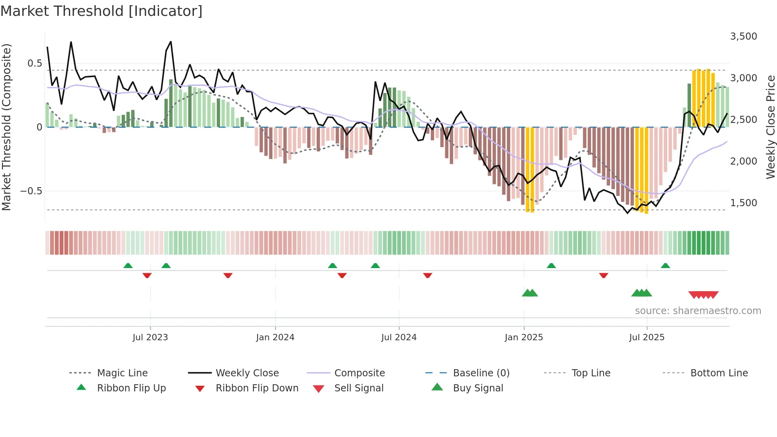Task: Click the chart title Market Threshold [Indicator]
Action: pos(101,11)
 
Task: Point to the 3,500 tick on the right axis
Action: pos(743,36)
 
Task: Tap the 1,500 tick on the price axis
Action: pos(743,203)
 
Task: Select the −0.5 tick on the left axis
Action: pos(31,191)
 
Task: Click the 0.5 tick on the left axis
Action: pos(34,63)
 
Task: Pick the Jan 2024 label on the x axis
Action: pos(275,337)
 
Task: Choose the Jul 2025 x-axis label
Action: pos(647,337)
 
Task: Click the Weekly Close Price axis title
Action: pos(770,127)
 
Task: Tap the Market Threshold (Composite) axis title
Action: pos(6,127)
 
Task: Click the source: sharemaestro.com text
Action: pos(698,311)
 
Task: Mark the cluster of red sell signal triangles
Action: pos(703,295)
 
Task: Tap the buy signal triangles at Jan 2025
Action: pos(530,293)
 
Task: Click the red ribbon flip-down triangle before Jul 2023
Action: pos(147,275)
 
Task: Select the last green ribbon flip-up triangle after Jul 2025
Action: pos(665,266)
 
